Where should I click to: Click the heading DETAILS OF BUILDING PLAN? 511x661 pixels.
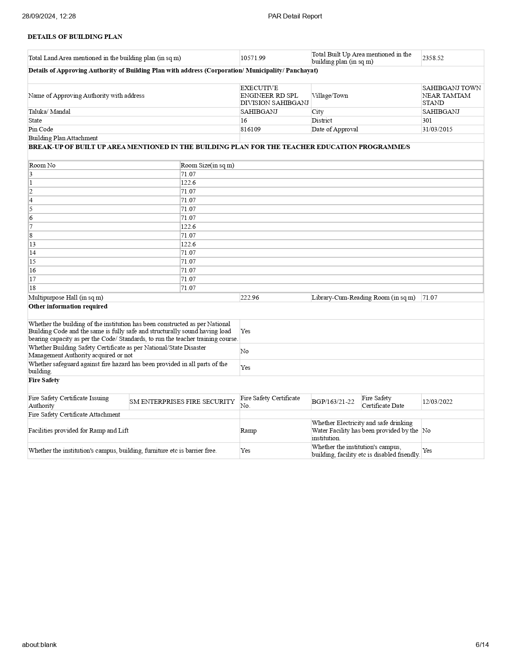pos(75,37)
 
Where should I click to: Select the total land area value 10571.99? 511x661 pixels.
pos(253,58)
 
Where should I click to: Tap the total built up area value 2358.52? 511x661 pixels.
pos(433,58)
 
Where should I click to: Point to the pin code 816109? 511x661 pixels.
pos(250,129)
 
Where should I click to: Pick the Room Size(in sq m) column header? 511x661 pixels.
pos(207,165)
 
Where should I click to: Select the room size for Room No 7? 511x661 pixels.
pos(188,227)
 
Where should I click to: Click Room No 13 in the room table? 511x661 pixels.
pos(32,244)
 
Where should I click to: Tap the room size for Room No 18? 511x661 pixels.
pos(188,288)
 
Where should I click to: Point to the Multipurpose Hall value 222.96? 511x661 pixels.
pos(250,298)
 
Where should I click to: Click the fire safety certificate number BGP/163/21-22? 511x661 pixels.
pos(333,402)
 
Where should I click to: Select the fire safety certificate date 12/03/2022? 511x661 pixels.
pos(437,402)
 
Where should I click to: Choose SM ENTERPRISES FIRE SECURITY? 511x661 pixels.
pos(182,402)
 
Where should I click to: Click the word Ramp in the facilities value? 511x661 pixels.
pos(248,431)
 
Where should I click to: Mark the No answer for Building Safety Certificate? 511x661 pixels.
pos(244,351)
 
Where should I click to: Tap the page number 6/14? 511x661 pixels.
pos(482,645)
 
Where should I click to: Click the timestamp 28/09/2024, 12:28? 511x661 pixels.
pos(49,16)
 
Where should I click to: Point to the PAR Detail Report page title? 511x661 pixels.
pos(295,16)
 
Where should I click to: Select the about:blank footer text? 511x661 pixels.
pos(39,645)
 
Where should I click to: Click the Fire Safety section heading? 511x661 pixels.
pos(44,380)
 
